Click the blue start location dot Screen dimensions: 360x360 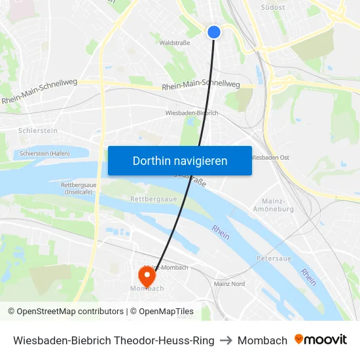(x=214, y=31)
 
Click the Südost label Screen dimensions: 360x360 (x=273, y=8)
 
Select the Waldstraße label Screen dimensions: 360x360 (x=175, y=43)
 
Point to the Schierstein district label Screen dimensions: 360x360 (x=38, y=131)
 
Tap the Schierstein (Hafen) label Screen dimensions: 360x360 (x=45, y=153)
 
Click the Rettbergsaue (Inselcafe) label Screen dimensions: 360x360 (x=78, y=189)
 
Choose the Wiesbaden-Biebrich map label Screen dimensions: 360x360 (x=192, y=113)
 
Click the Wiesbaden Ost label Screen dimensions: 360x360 (x=270, y=158)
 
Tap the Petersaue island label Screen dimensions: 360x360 (x=274, y=259)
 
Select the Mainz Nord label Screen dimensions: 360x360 (x=229, y=284)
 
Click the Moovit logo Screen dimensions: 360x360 (x=321, y=340)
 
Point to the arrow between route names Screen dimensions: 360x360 (x=226, y=340)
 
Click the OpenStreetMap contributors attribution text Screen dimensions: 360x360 (x=65, y=312)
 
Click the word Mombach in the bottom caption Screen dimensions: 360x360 (x=262, y=340)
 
